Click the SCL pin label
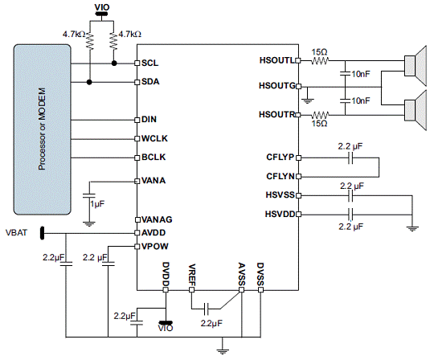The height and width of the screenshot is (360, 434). pos(149,63)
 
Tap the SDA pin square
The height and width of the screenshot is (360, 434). pos(137,82)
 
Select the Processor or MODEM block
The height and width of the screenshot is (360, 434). pos(42,129)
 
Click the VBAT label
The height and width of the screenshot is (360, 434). pos(17,232)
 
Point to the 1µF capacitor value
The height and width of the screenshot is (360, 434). pos(97,204)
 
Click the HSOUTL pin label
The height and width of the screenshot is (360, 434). pos(277,60)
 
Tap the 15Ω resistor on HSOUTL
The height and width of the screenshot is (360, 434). pos(320,60)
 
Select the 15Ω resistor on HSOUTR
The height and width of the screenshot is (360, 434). pos(320,115)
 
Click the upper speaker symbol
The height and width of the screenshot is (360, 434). pos(415,66)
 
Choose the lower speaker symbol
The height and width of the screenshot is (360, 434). pos(415,110)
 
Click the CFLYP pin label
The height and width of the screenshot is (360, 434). pos(280,157)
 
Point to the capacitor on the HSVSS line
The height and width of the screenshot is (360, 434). pos(350,195)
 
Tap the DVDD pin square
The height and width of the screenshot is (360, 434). pos(166,290)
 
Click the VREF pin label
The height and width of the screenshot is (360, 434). pos(192,275)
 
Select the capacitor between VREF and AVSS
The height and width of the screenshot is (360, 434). pos(206,309)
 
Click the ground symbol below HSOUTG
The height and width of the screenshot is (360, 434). pos(307,101)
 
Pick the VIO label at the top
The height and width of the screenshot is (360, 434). pos(102,7)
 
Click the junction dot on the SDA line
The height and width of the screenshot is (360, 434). pos(89,82)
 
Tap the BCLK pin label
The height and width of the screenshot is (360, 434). pos(154,157)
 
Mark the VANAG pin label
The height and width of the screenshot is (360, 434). pos(157,219)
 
